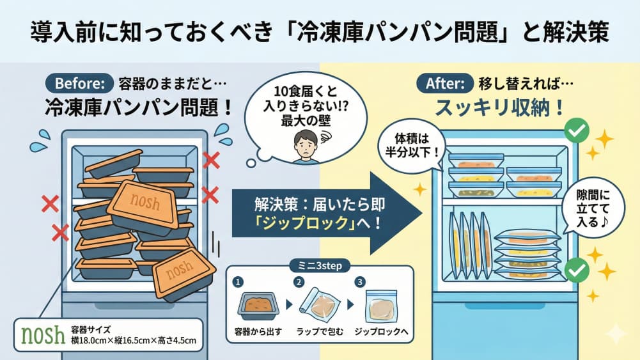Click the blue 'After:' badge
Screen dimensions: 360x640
(441, 84)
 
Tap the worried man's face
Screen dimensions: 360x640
(306, 145)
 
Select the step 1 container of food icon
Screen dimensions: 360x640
(258, 308)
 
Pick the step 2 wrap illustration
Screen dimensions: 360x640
(320, 308)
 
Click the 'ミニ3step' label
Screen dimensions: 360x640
(320, 264)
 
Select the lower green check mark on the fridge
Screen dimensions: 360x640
(577, 270)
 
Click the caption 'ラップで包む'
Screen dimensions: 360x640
(320, 333)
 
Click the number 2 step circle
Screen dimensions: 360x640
(299, 282)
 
